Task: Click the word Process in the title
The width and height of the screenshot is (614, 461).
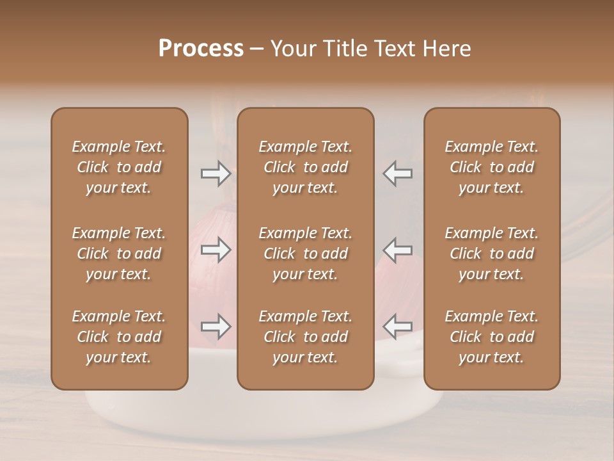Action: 201,49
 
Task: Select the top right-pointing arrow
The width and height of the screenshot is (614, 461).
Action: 216,174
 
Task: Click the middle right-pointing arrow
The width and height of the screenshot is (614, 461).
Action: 216,250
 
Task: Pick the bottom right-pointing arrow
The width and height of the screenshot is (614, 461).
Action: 216,327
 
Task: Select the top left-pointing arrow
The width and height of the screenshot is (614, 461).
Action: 398,174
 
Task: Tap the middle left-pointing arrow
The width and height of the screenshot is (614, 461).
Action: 398,250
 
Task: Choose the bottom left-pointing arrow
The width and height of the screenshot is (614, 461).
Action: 398,327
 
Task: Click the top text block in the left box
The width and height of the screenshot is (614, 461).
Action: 119,167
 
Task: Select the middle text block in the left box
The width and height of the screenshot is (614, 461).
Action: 119,254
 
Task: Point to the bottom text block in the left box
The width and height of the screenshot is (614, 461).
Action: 119,337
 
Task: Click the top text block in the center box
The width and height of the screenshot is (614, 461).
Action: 305,167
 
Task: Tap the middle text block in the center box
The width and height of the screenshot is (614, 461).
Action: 305,254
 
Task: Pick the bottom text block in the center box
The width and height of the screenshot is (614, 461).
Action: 305,337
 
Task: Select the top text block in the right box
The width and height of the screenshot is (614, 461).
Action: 492,167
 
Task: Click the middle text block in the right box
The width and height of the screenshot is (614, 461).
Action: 492,254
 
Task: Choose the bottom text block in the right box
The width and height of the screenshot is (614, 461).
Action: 492,337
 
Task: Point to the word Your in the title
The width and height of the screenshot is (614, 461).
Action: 290,49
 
